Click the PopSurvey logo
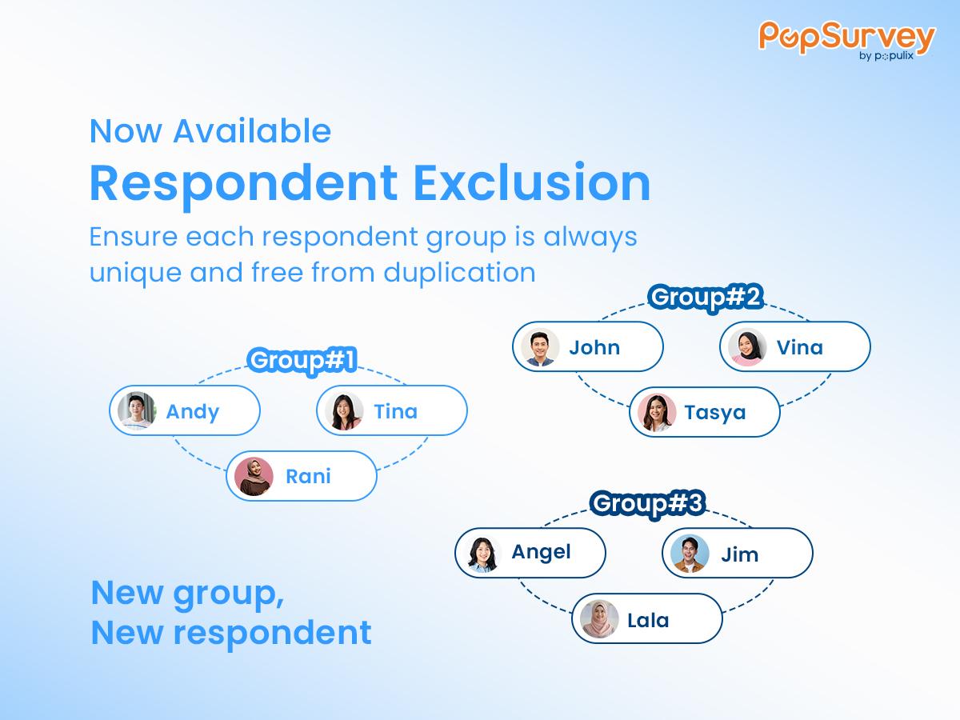[x=846, y=40]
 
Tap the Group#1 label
[x=302, y=361]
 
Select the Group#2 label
[x=706, y=298]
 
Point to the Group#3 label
[x=648, y=503]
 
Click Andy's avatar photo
[x=137, y=410]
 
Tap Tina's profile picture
[x=344, y=411]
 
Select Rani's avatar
[x=254, y=476]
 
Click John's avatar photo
[x=540, y=347]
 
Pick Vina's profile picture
[x=747, y=347]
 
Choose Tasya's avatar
[x=657, y=412]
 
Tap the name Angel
[x=541, y=552]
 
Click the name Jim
[x=739, y=554]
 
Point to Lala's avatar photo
[x=599, y=618]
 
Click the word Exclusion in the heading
[x=532, y=182]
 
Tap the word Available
[x=252, y=130]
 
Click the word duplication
[x=459, y=272]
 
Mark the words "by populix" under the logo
[x=886, y=56]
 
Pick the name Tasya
[x=715, y=413]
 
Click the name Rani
[x=308, y=476]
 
